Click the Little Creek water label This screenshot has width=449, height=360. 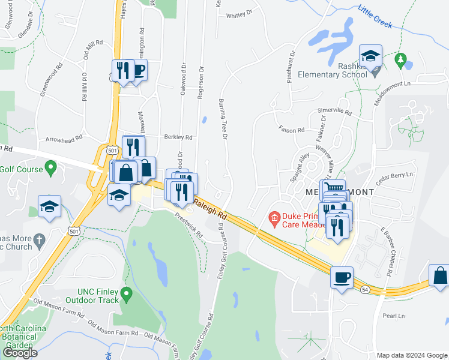(x=375, y=17)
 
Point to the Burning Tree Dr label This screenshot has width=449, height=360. (x=224, y=120)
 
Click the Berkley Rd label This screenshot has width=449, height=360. (x=179, y=137)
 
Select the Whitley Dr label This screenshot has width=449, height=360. (x=240, y=12)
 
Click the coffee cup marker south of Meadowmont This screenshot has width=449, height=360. (x=342, y=278)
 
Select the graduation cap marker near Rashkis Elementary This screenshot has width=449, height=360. (x=370, y=56)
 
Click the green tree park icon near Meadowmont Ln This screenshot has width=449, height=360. (x=400, y=60)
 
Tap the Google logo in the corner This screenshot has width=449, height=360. (x=20, y=353)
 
